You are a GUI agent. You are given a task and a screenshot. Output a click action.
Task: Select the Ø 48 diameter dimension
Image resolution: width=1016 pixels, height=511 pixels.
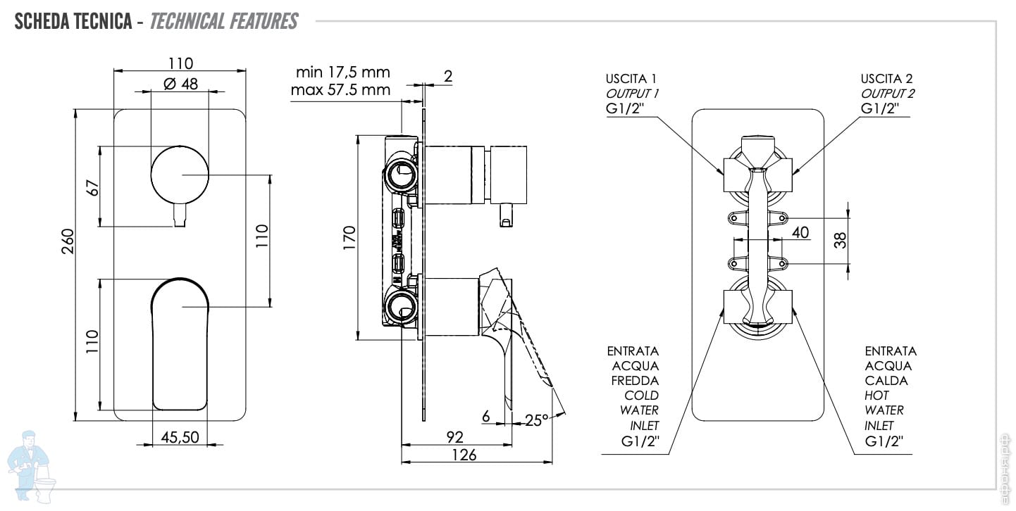tap(181, 84)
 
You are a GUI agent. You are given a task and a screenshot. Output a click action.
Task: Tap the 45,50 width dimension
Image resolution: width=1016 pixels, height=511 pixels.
tap(180, 437)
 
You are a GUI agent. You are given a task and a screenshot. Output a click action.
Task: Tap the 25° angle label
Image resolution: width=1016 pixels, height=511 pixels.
tap(537, 420)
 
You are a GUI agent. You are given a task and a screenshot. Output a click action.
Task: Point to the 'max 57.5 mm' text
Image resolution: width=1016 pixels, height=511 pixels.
tap(340, 90)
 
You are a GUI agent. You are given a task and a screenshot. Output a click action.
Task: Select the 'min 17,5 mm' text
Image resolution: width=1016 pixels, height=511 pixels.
tap(342, 72)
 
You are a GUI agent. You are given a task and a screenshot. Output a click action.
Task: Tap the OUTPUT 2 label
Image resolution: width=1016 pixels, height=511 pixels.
tap(888, 94)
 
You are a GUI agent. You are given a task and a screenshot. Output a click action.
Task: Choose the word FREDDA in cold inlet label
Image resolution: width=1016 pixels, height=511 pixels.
tap(636, 381)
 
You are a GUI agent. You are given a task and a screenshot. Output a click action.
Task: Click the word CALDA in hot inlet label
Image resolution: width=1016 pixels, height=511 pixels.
tap(886, 381)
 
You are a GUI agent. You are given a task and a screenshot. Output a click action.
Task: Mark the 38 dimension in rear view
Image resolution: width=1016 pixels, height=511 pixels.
tap(841, 240)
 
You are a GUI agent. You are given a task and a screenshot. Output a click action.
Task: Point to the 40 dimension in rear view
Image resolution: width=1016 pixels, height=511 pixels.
tap(800, 232)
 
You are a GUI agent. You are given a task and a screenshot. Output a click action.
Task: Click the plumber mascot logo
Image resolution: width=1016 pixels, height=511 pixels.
tap(32, 465)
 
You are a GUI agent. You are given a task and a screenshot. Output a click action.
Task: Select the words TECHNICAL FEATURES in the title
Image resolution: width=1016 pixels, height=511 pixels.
tap(224, 22)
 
